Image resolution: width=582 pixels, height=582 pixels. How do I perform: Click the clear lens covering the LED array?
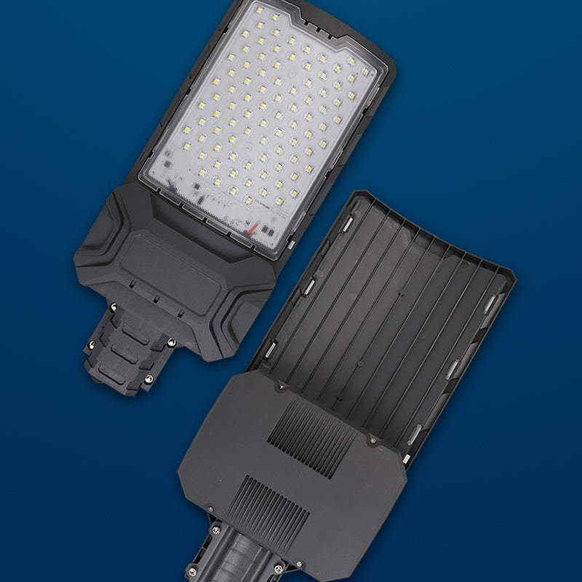click(x=262, y=116)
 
